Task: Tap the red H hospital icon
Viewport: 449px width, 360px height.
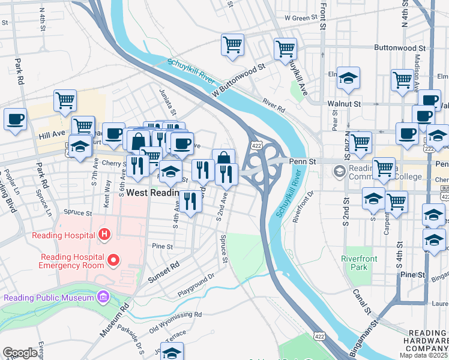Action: click(104, 233)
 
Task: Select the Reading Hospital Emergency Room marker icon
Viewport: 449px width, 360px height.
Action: click(113, 260)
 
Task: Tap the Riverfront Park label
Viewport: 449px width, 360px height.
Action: click(359, 263)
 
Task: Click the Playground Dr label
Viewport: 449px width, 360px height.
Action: click(195, 286)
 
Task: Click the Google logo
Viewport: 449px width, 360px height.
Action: click(20, 353)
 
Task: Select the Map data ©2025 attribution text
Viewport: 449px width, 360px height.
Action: click(423, 355)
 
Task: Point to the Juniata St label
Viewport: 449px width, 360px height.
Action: click(173, 102)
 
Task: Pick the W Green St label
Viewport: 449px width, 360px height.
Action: click(300, 18)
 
